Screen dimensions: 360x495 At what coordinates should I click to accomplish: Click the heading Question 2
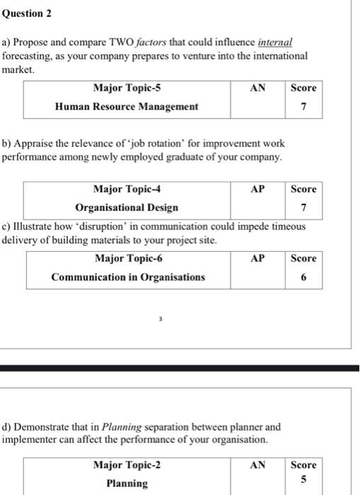click(27, 13)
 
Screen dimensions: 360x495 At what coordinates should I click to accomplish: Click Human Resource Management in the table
click(127, 107)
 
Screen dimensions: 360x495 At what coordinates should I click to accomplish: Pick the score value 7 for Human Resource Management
click(303, 107)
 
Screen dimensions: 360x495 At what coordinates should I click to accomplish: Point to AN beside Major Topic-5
click(257, 88)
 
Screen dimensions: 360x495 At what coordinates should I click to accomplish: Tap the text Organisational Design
click(127, 208)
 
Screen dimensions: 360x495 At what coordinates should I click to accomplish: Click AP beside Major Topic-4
click(257, 190)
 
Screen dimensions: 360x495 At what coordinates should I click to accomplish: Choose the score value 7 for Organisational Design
click(303, 208)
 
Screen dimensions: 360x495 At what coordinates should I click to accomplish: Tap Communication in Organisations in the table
click(127, 277)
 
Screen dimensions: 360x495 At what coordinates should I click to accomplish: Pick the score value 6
click(303, 277)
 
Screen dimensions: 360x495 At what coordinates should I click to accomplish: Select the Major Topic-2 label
click(127, 465)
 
